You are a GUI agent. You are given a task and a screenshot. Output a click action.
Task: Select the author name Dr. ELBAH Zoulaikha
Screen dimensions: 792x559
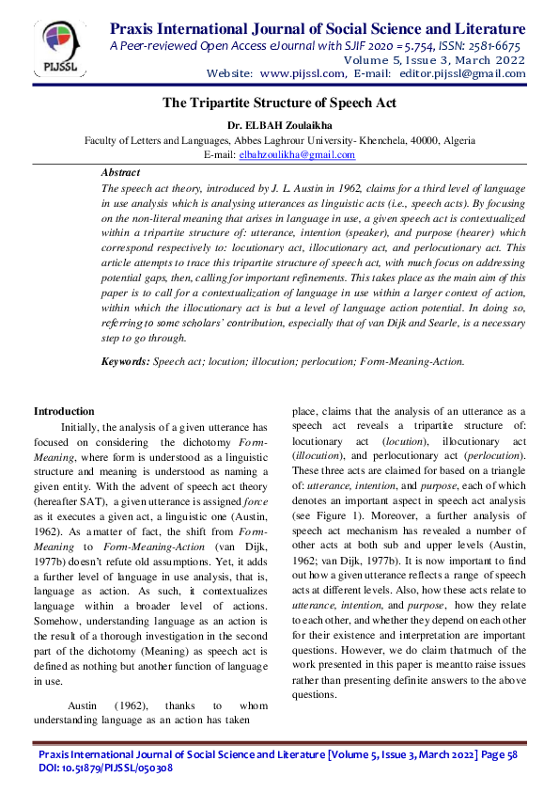(x=279, y=124)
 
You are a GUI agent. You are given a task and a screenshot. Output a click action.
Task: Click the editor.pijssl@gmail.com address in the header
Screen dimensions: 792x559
(x=456, y=72)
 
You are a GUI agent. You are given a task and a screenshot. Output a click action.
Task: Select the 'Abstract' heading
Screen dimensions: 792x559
(x=120, y=173)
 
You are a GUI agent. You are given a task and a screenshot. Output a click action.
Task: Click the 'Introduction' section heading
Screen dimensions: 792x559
(x=64, y=411)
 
